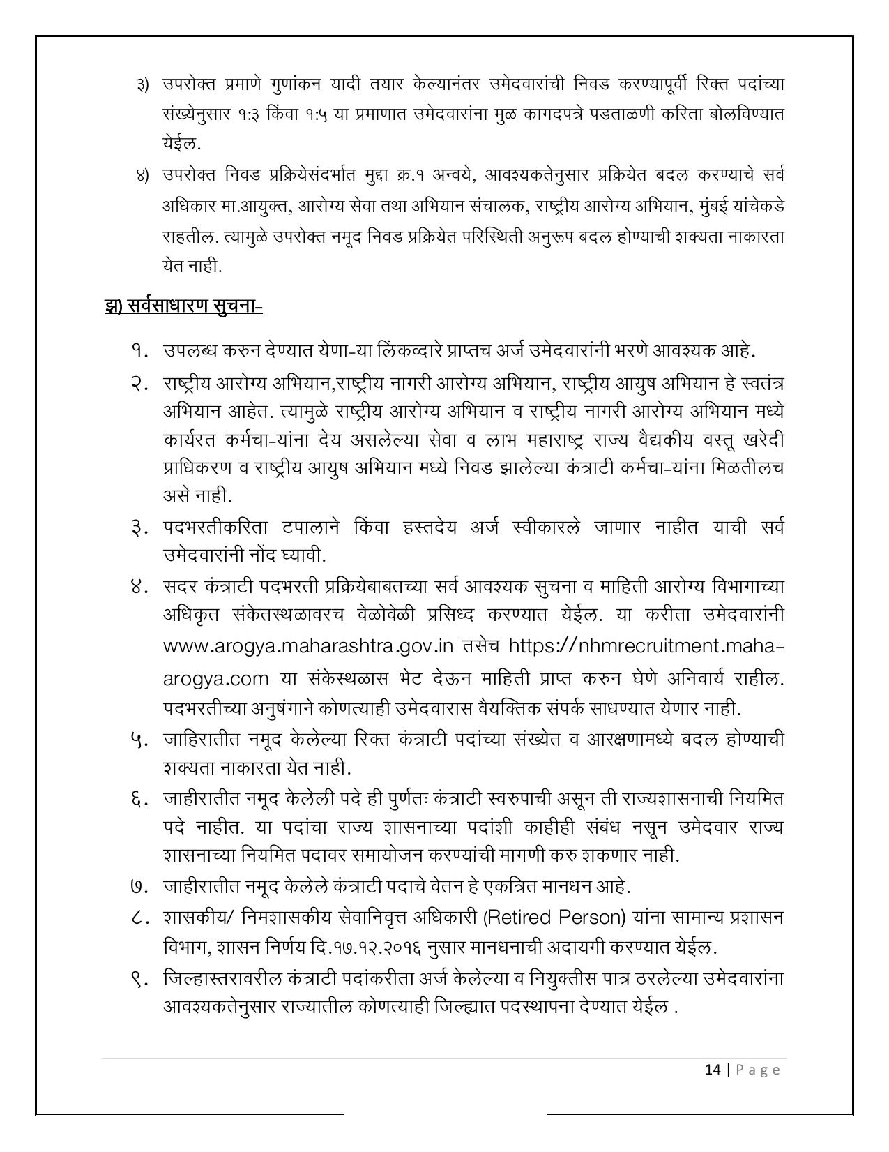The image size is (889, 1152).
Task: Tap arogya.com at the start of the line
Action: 215,678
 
